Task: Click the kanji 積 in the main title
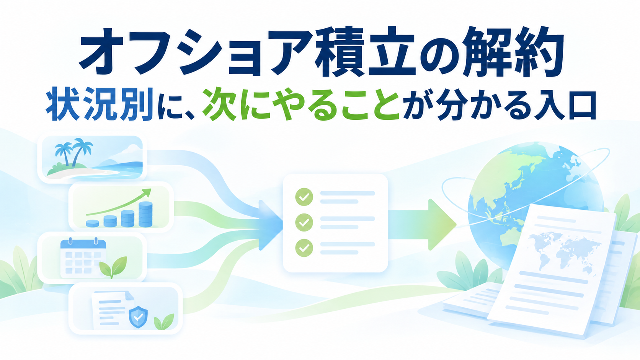coord(336,52)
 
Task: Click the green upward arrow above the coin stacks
coord(119,202)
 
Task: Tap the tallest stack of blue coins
coord(145,214)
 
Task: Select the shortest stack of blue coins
coord(92,223)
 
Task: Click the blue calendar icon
coord(83,257)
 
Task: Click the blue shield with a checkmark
coord(138,317)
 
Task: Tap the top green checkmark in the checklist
coord(304,197)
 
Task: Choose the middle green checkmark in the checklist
coord(304,222)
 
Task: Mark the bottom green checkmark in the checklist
coord(304,248)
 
